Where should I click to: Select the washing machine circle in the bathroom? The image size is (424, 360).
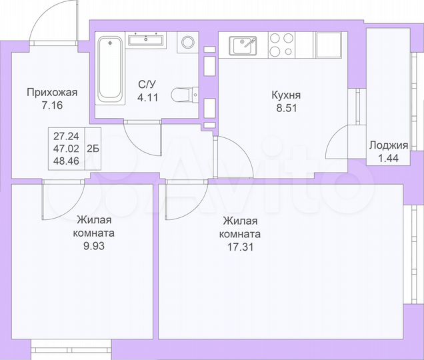(188, 43)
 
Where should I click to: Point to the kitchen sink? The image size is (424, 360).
(243, 46)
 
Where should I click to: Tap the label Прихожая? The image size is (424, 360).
(53, 93)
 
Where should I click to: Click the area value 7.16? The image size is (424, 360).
(53, 105)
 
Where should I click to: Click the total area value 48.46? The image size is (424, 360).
(65, 162)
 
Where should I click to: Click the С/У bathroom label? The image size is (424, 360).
(148, 84)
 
